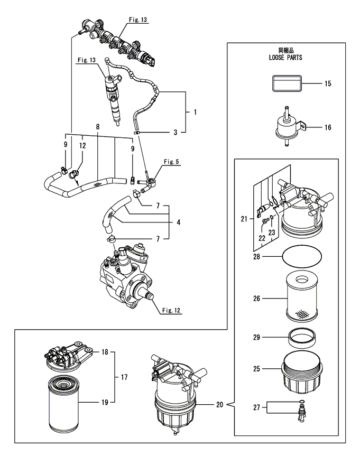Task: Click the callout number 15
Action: click(x=328, y=83)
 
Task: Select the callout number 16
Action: click(x=328, y=127)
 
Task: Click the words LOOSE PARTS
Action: click(x=285, y=58)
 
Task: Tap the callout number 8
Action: click(x=98, y=127)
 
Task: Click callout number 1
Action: click(x=195, y=112)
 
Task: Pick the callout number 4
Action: click(x=179, y=222)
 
